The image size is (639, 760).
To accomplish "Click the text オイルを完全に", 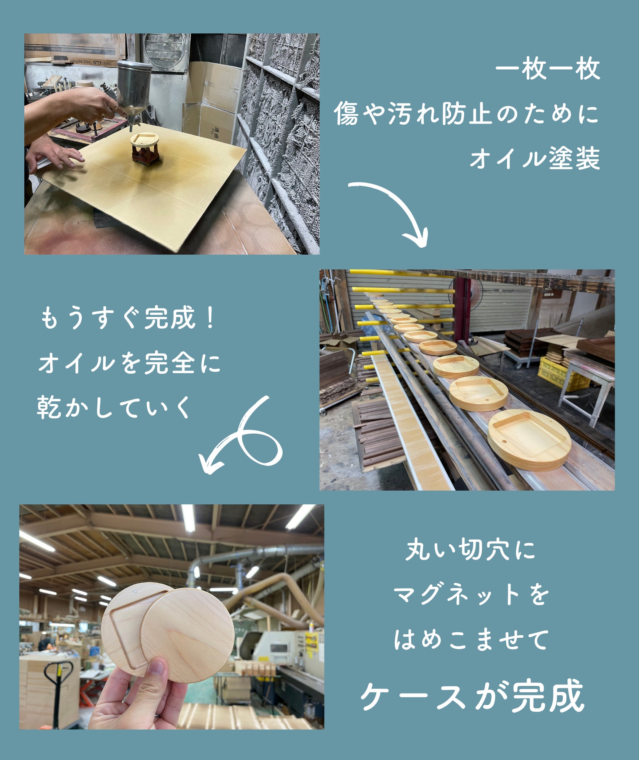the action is (x=129, y=363).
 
